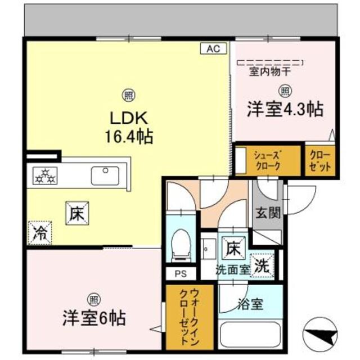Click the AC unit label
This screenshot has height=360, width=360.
pyautogui.click(x=213, y=49)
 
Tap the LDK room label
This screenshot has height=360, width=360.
pyautogui.click(x=128, y=119)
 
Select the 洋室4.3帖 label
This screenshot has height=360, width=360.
pyautogui.click(x=285, y=109)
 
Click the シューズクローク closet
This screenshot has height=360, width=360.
pyautogui.click(x=267, y=160)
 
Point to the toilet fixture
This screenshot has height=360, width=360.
pyautogui.click(x=181, y=246)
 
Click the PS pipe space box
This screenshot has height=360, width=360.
pyautogui.click(x=181, y=274)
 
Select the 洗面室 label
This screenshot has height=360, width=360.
pyautogui.click(x=233, y=269)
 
